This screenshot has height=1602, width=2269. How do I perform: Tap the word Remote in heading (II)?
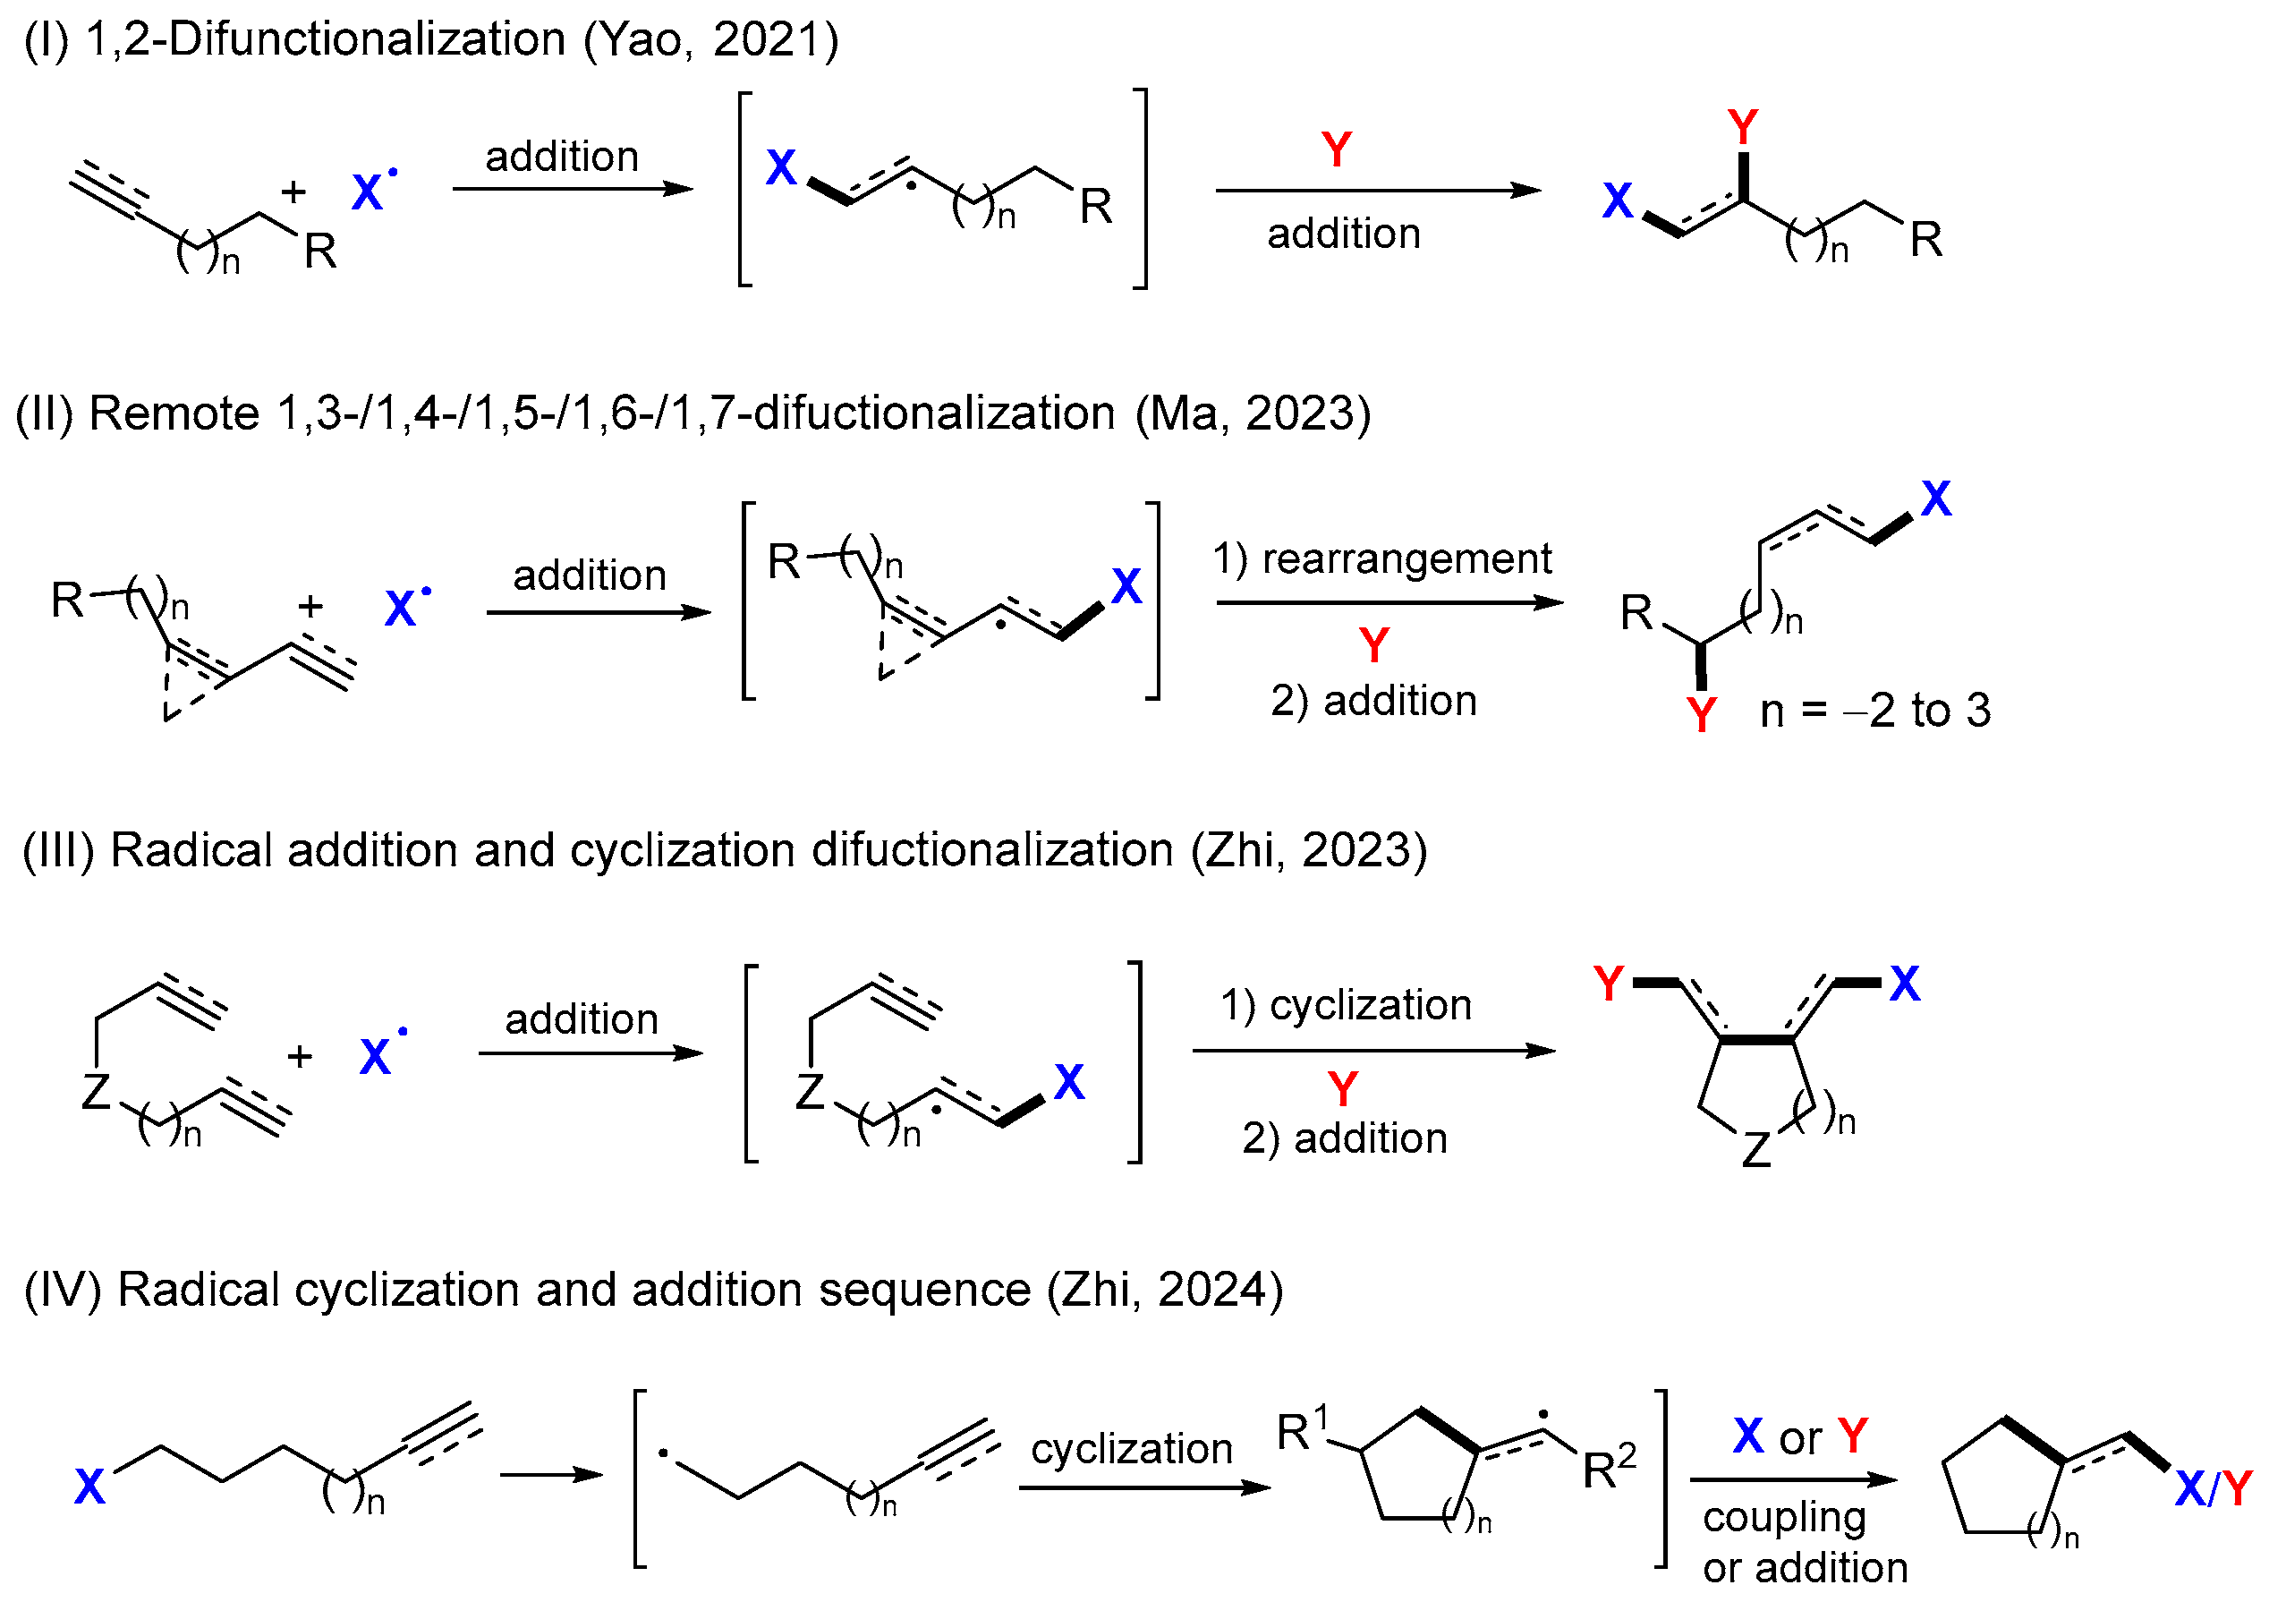click(x=174, y=413)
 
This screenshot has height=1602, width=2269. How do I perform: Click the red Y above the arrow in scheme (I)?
click(x=1336, y=150)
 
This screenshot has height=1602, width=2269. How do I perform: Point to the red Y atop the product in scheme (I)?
click(x=1743, y=127)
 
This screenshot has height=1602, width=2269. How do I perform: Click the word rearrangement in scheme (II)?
click(x=1406, y=559)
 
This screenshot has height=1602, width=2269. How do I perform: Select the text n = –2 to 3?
click(x=1874, y=711)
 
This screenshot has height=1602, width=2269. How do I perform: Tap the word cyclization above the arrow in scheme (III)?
click(x=1370, y=1005)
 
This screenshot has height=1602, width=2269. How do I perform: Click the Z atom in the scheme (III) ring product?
click(x=1756, y=1150)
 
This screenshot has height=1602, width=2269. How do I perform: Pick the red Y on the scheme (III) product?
click(x=1609, y=984)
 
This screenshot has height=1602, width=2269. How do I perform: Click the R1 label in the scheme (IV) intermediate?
click(x=1303, y=1430)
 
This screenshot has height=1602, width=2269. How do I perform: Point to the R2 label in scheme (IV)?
click(x=1609, y=1468)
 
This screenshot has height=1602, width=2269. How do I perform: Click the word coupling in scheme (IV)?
click(x=1784, y=1517)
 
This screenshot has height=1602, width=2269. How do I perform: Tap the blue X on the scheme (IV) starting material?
click(x=90, y=1487)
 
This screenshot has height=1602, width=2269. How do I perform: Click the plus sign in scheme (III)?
click(x=301, y=1056)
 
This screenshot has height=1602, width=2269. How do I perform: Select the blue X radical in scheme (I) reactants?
click(x=369, y=192)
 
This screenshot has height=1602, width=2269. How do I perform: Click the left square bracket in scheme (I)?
click(x=745, y=189)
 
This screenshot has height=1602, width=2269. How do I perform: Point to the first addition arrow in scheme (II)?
click(x=598, y=613)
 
